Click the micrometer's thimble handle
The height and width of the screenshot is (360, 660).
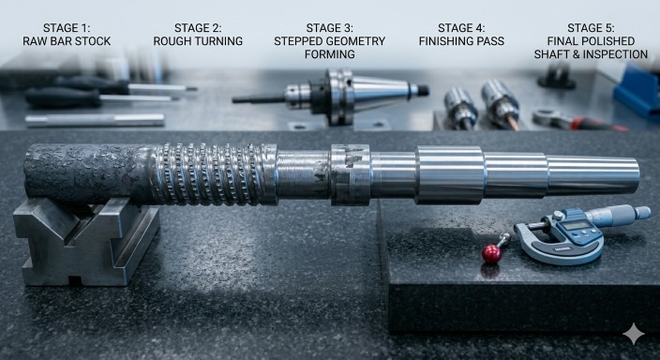click(619, 216)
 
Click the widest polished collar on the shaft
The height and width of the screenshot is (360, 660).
click(450, 173)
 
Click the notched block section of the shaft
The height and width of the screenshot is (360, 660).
click(350, 173)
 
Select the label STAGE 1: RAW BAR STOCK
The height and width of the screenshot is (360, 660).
click(66, 35)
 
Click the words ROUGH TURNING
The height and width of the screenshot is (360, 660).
click(198, 41)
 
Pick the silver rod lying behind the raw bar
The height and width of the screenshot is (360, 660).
click(94, 120)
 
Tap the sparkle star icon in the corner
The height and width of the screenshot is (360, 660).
click(634, 335)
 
